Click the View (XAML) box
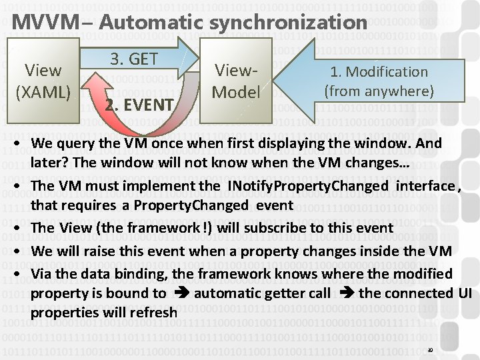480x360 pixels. pos(43,79)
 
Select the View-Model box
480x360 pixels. pos(235,80)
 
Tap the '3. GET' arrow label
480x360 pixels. pos(133,58)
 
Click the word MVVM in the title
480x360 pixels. pos(39,21)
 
